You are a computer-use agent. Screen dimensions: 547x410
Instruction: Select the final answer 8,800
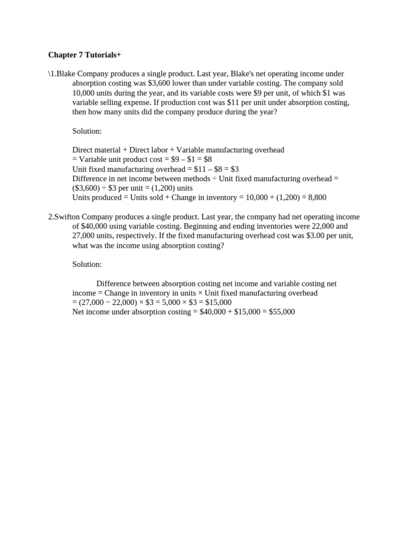tap(316, 198)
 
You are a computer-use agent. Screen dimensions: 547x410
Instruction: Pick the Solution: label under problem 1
tap(87, 131)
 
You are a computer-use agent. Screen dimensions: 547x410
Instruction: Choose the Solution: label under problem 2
tap(87, 264)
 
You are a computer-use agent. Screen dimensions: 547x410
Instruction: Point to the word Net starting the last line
tap(78, 312)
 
